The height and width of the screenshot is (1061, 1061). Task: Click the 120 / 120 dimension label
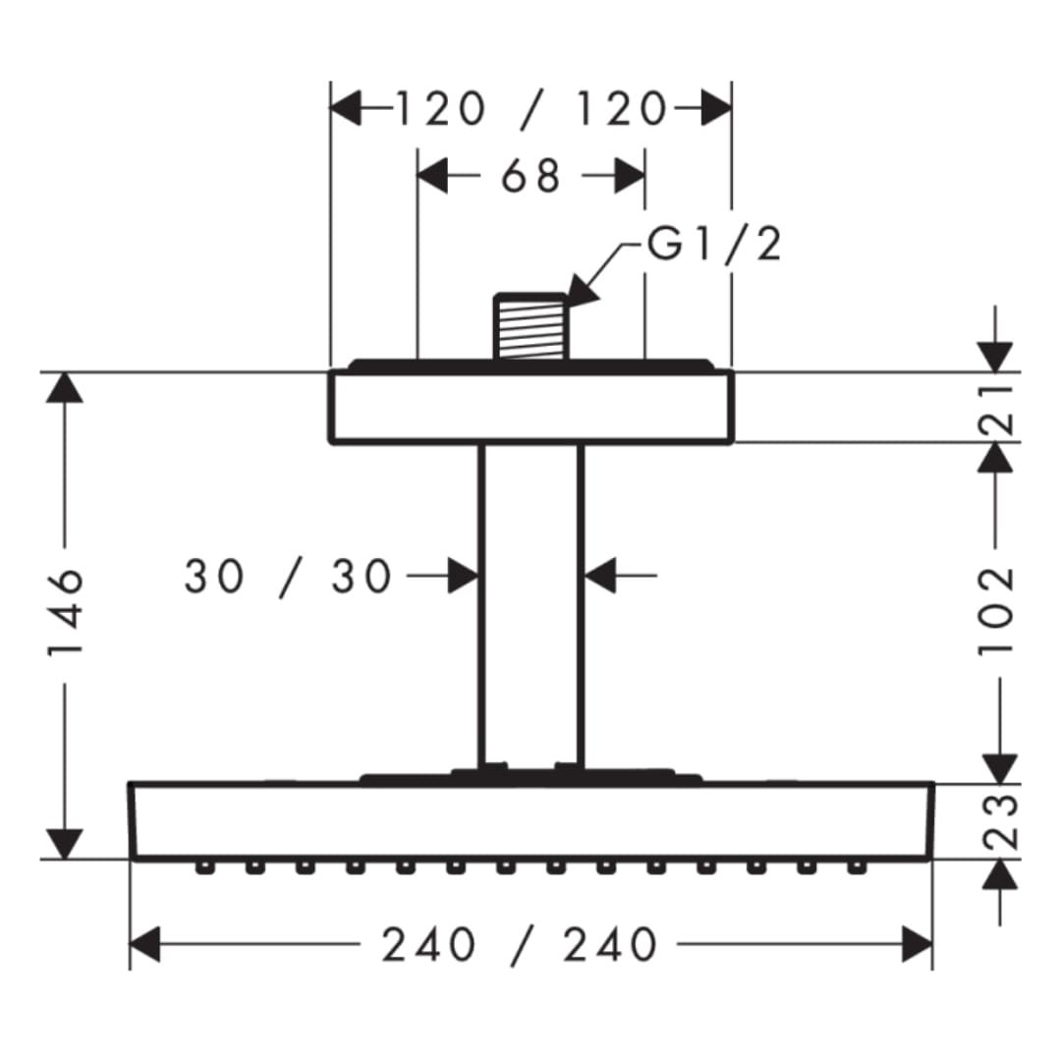pyautogui.click(x=531, y=109)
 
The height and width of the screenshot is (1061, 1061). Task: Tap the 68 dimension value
pyautogui.click(x=531, y=176)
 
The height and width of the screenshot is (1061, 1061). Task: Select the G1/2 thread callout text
pyautogui.click(x=714, y=244)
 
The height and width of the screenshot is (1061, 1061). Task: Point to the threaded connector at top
pyautogui.click(x=531, y=326)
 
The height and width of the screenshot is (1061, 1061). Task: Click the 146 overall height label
pyautogui.click(x=66, y=612)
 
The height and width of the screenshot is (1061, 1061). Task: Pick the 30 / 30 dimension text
pyautogui.click(x=288, y=577)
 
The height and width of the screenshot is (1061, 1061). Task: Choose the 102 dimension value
pyautogui.click(x=997, y=611)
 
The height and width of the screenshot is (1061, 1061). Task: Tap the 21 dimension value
pyautogui.click(x=997, y=410)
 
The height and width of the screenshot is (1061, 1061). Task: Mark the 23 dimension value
pyautogui.click(x=999, y=822)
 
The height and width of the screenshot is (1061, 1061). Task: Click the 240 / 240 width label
pyautogui.click(x=520, y=945)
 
